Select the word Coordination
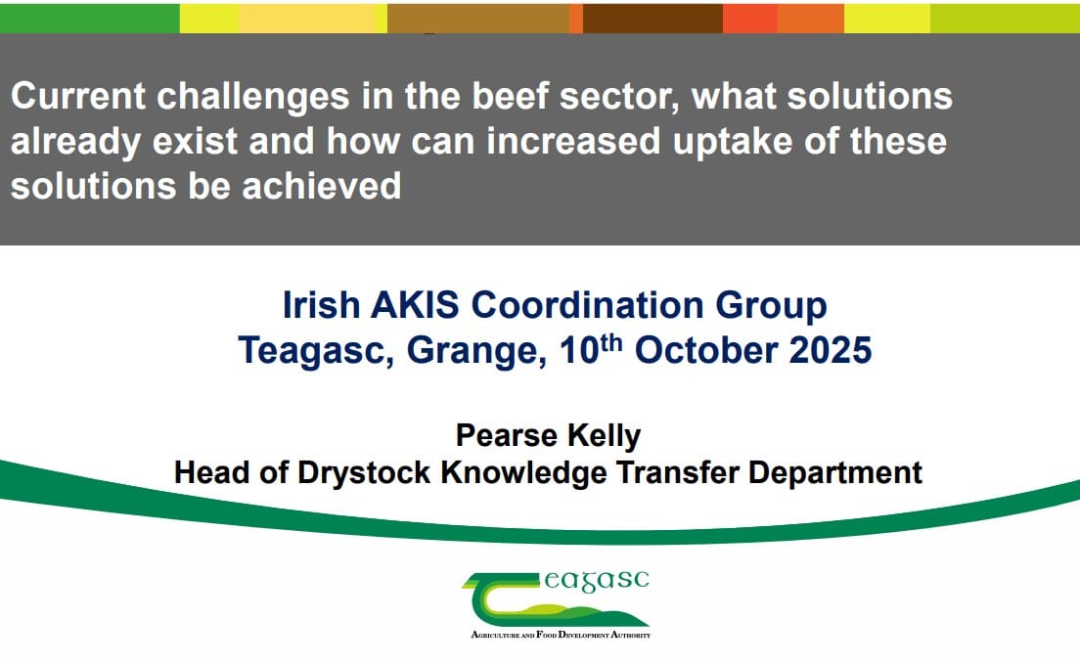pos(589,306)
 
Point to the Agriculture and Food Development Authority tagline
pos(561,635)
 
